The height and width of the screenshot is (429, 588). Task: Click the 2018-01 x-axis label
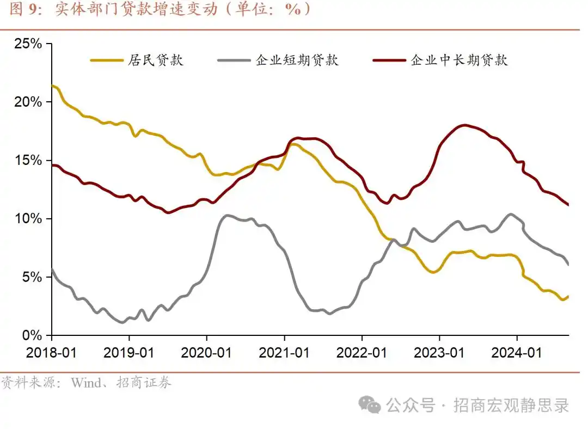click(52, 353)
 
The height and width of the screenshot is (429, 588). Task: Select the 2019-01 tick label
click(129, 353)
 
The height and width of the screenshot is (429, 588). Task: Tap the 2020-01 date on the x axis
click(207, 353)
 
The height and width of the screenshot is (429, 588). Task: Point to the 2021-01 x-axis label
click(284, 353)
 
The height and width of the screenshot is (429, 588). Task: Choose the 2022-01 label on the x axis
click(362, 353)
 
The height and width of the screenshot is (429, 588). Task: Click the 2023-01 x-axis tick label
click(439, 353)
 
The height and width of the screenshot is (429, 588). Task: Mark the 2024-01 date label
click(517, 353)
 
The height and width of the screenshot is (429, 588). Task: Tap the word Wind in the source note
click(85, 383)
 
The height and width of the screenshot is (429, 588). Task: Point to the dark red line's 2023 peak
click(463, 125)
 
